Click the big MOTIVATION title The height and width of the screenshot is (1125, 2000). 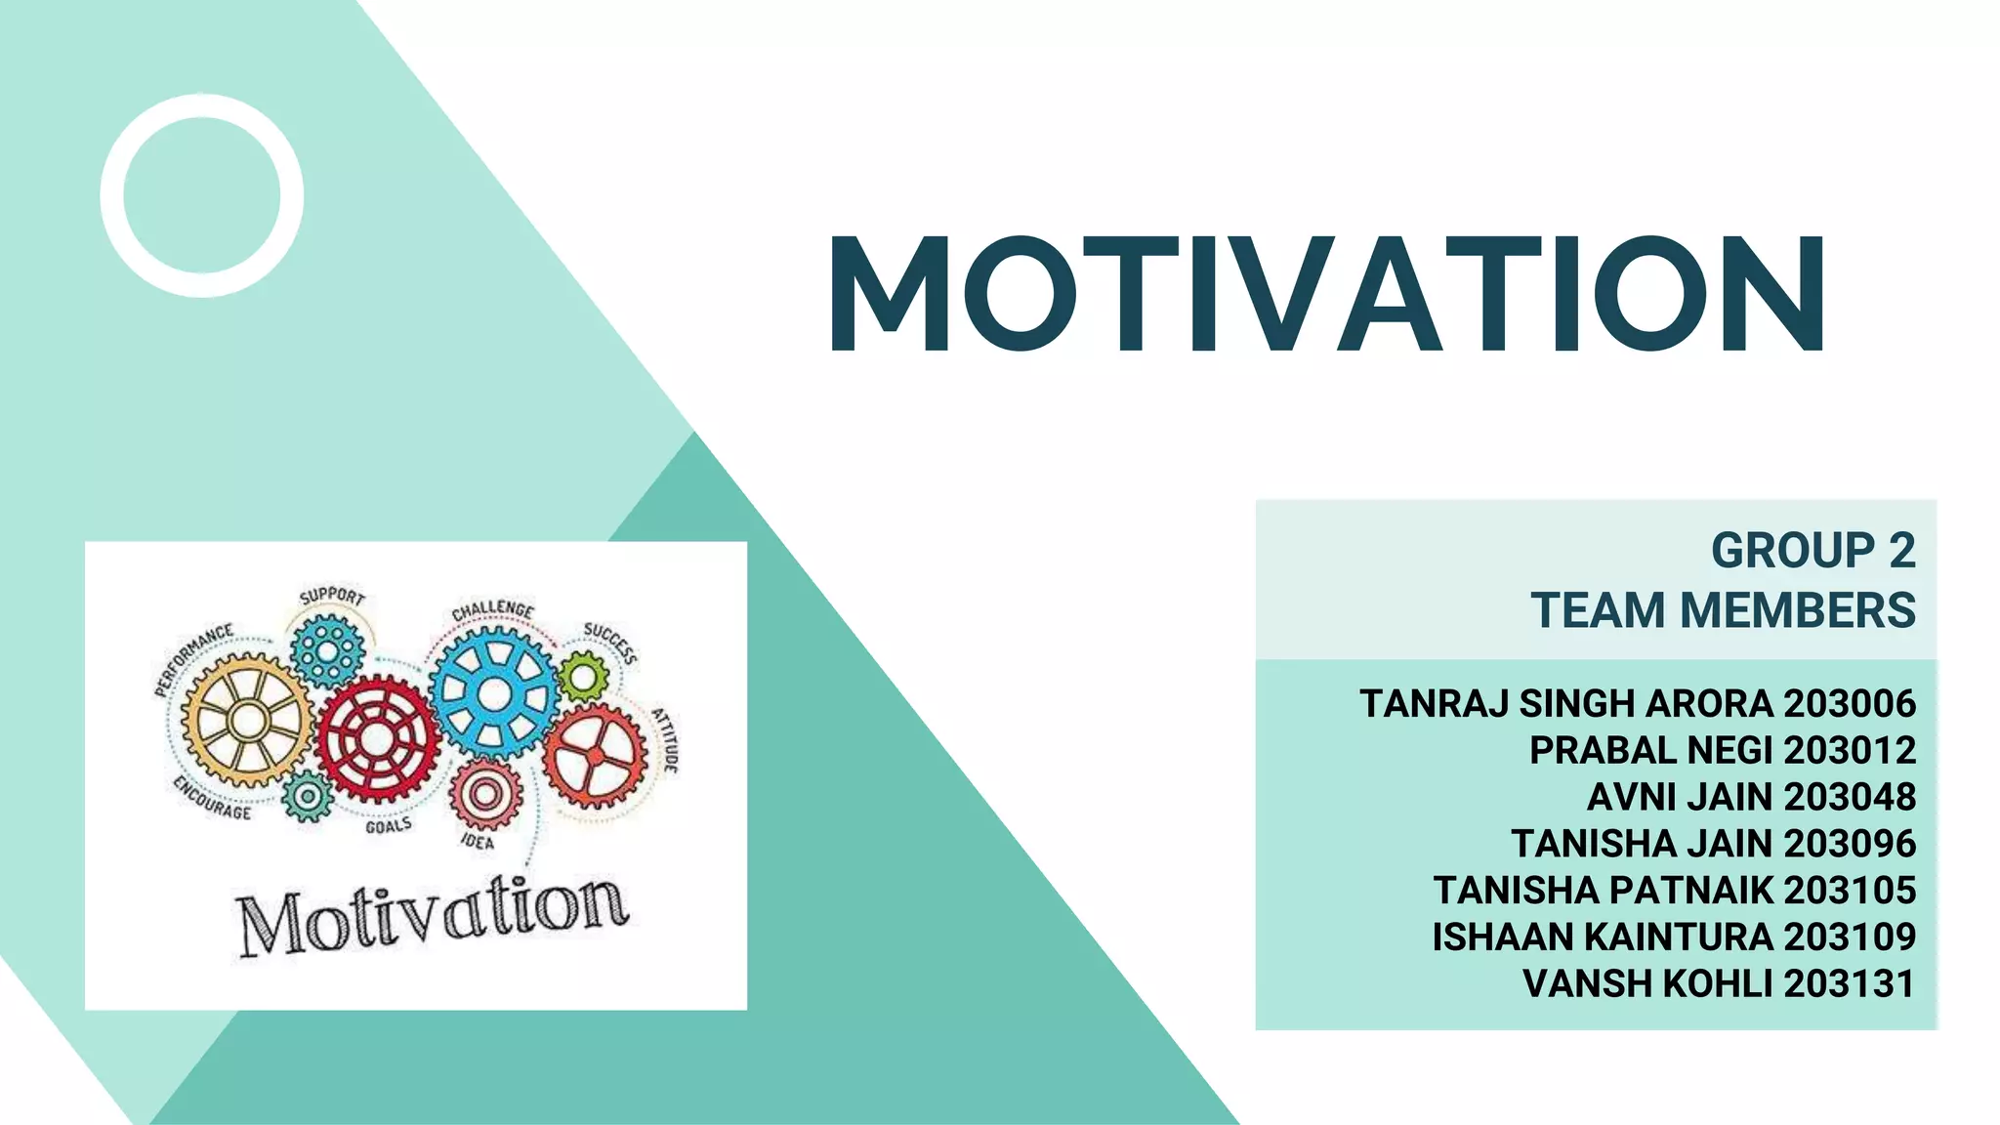(1327, 294)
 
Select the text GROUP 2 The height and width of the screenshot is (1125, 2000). (1812, 551)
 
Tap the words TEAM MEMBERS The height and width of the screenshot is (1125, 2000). (1723, 610)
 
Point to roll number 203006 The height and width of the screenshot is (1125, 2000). (1850, 704)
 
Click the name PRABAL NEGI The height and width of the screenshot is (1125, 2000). (1650, 751)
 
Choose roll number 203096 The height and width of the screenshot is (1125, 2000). (1850, 844)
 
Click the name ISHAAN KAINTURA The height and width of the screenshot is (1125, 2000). (1602, 937)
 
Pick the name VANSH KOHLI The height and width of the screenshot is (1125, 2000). (1647, 983)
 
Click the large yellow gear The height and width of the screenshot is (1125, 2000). (248, 721)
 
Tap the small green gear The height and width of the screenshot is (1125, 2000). (583, 676)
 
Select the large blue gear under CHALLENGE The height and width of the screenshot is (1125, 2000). (494, 693)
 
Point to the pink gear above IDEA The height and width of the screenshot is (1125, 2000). (484, 794)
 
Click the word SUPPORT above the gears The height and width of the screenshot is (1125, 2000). (332, 596)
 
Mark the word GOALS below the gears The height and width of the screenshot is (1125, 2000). (389, 826)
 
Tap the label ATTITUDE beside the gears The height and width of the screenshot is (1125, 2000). (665, 739)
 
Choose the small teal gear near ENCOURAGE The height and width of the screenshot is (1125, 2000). (308, 795)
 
